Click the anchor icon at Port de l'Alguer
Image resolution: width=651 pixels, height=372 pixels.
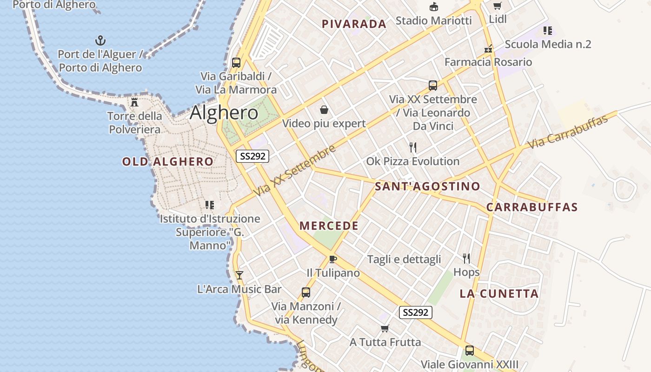100,40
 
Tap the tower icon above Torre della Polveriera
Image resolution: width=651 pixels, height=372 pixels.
134,102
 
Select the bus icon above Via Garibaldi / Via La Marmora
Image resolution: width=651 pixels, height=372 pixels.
236,62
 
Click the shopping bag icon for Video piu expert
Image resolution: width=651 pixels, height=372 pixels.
324,110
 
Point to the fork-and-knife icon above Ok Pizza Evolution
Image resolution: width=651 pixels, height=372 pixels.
413,147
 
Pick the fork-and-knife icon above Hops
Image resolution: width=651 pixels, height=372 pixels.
466,258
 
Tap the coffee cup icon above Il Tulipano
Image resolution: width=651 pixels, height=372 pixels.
332,259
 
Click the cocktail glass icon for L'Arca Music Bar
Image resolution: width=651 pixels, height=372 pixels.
239,275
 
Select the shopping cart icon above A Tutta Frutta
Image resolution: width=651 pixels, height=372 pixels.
385,329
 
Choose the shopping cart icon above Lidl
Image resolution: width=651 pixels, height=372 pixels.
497,6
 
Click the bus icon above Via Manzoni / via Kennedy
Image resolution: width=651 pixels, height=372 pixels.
306,292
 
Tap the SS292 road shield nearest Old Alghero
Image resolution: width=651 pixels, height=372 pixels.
252,156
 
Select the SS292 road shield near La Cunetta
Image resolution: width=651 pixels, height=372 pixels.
416,312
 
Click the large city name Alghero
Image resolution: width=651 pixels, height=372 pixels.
224,113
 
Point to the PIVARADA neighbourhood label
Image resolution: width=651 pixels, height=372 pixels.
354,24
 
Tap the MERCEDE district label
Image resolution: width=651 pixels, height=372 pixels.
329,226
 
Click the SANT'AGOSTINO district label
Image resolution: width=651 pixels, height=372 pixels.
427,186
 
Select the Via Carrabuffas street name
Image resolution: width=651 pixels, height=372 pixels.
568,133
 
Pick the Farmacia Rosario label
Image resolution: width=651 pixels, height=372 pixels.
488,62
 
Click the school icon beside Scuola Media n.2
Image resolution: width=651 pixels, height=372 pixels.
548,31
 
